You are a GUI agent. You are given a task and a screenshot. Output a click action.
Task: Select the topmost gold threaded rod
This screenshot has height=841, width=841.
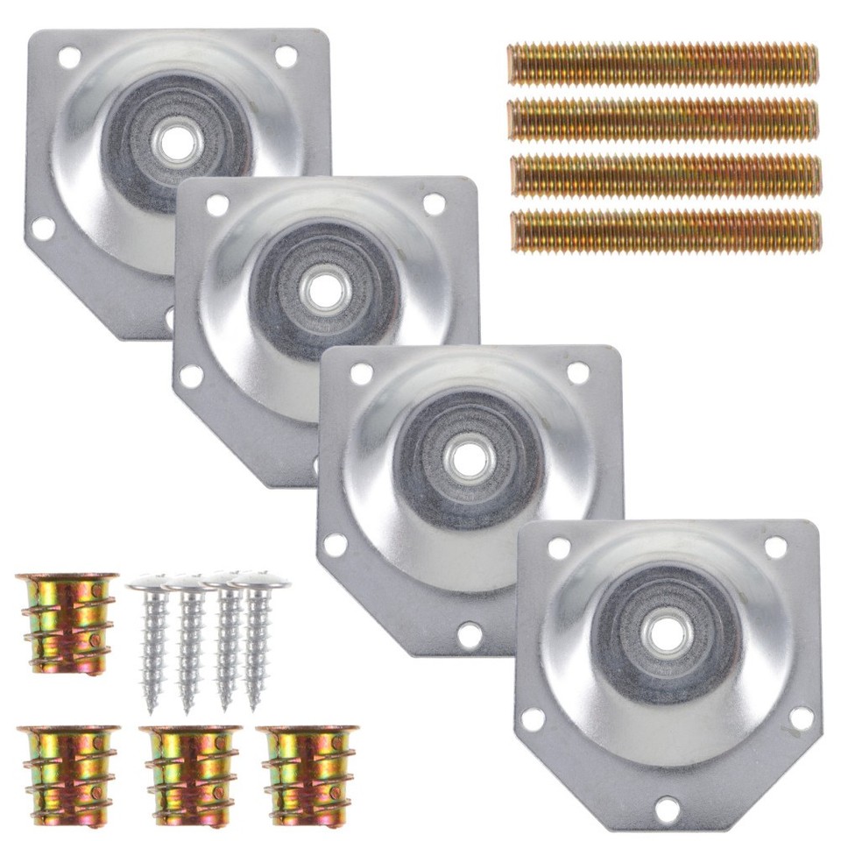click(x=662, y=63)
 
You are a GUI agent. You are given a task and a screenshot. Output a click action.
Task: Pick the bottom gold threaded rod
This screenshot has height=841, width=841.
click(x=666, y=231)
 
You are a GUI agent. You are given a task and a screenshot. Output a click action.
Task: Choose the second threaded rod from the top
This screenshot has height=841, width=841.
click(x=663, y=119)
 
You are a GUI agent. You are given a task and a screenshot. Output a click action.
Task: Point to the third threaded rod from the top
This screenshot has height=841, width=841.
click(x=665, y=175)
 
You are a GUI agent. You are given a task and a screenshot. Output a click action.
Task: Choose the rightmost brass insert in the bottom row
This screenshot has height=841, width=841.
click(x=309, y=775)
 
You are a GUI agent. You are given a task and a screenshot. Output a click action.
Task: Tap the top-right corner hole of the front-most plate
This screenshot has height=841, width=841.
click(x=774, y=548)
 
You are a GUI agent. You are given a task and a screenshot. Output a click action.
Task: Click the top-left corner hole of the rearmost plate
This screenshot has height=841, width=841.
click(x=69, y=58)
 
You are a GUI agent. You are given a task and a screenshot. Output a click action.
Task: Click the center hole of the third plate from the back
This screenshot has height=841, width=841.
click(x=470, y=457)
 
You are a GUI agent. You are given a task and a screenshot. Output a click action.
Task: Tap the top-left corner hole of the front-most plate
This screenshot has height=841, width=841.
click(x=558, y=549)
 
